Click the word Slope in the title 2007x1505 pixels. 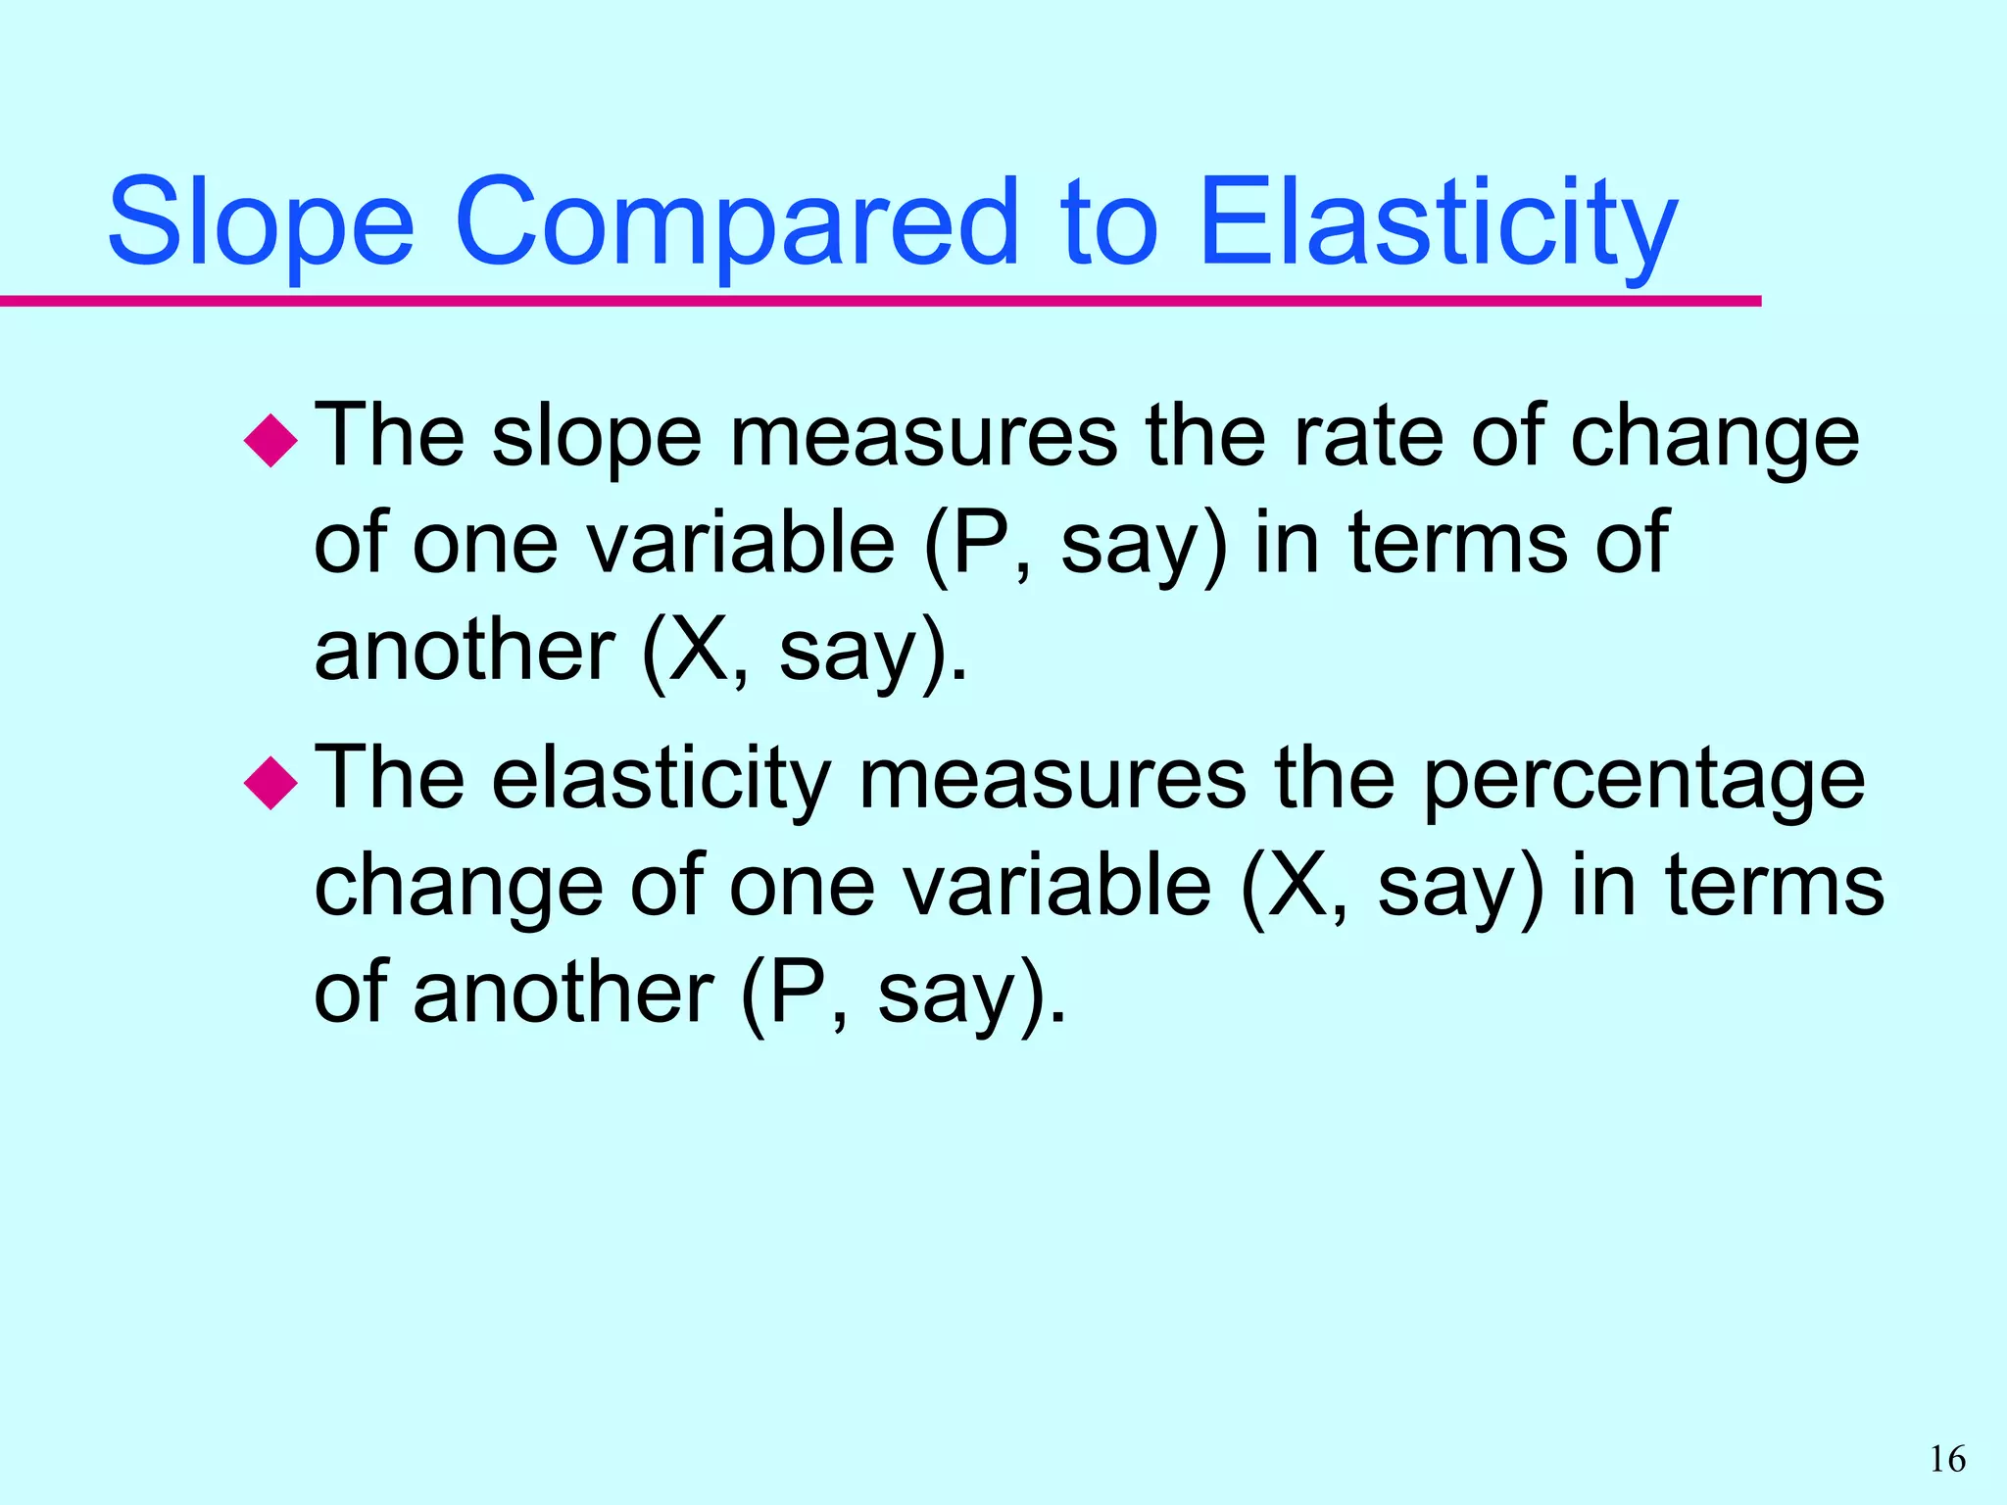[x=261, y=223]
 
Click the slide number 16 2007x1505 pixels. [x=1947, y=1460]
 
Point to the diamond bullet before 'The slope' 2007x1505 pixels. [x=270, y=441]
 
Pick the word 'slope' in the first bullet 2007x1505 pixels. [x=596, y=438]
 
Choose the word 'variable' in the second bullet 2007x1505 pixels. [x=1057, y=886]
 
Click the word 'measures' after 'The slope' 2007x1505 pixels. [x=923, y=438]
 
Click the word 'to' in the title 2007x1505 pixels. [x=1109, y=223]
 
